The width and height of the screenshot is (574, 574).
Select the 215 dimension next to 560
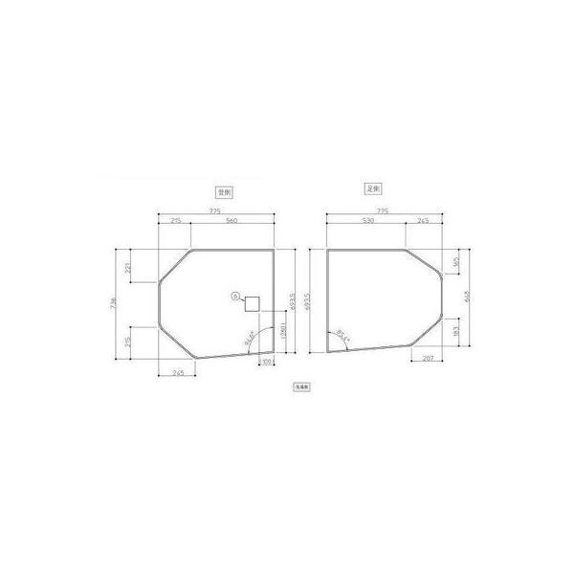(175, 221)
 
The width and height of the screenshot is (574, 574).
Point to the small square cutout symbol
(253, 304)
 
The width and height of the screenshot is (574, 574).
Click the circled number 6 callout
(234, 297)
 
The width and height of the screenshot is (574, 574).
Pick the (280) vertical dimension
(282, 338)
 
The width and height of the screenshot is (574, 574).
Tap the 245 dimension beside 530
(423, 221)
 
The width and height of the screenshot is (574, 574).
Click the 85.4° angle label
(342, 335)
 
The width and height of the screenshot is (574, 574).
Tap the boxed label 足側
(374, 189)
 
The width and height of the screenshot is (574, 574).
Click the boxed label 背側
(227, 191)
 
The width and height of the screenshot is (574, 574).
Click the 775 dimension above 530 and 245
(383, 210)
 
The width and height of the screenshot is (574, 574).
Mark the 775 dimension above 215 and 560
(216, 210)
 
